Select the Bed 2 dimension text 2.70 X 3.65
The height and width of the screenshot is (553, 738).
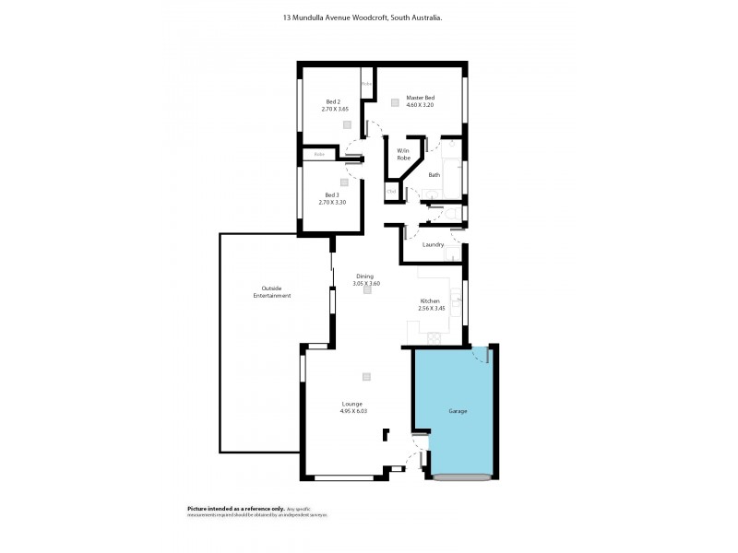[x=335, y=109]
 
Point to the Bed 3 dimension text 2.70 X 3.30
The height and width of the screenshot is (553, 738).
[x=332, y=201]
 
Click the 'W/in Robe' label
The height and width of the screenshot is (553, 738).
[x=403, y=154]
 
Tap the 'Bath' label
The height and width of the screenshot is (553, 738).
[x=434, y=174]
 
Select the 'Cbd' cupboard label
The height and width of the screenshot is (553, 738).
[x=391, y=191]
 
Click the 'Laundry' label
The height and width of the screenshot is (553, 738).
[x=433, y=244]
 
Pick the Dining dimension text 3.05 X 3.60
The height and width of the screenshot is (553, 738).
[x=366, y=283]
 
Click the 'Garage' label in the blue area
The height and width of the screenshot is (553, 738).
[x=458, y=410]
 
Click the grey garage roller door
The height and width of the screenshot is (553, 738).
[x=461, y=477]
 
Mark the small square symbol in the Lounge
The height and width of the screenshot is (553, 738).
[x=366, y=376]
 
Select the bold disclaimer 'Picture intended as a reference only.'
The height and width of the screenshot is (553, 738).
[x=221, y=508]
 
